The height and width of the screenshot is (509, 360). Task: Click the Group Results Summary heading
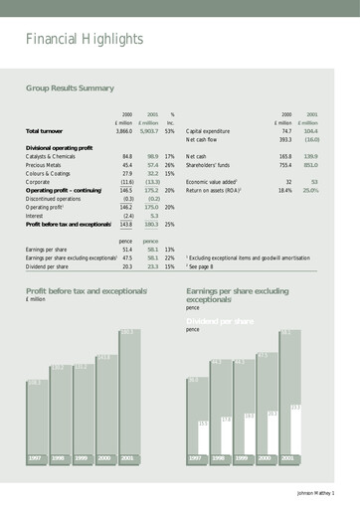coord(70,88)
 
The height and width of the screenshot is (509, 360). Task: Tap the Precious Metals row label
coord(49,165)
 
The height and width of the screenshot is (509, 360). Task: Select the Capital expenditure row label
coord(208,131)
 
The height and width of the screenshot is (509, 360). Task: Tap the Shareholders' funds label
coord(209,165)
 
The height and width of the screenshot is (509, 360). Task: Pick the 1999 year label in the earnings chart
coord(242,460)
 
